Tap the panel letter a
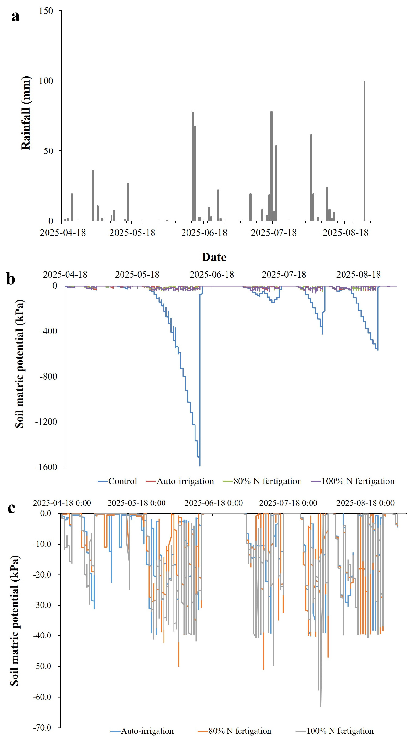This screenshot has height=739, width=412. coord(15,16)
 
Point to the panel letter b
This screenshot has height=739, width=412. coord(11,279)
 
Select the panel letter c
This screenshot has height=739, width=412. coord(11,508)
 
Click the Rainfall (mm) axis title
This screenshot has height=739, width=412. coord(26,113)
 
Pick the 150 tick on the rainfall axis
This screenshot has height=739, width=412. coord(46,11)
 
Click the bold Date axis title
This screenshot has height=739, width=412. coord(214,257)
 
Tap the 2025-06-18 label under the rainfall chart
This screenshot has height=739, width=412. coord(204,233)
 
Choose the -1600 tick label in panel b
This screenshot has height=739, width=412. coord(46,467)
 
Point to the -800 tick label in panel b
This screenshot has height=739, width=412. coord(48,376)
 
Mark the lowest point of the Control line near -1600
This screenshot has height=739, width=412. coord(200,466)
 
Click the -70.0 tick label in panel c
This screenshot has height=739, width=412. coord(42,727)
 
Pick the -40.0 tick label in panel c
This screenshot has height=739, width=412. coord(42,635)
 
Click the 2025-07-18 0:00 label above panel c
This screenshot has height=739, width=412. coord(288,503)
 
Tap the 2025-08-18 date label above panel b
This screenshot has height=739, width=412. coord(358,275)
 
